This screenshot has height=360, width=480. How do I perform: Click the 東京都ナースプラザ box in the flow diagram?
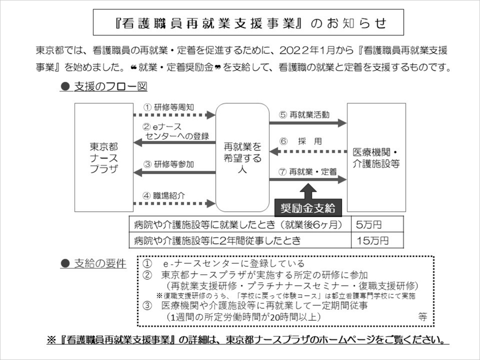point(104,157)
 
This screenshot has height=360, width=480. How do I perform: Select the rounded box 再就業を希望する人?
point(242,157)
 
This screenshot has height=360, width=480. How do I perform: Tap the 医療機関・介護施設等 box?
point(376,157)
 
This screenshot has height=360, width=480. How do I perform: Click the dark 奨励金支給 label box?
point(308,208)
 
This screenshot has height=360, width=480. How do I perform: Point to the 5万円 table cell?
point(377,224)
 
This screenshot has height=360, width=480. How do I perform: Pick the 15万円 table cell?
point(377,240)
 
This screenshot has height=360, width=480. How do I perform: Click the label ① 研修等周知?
point(169,107)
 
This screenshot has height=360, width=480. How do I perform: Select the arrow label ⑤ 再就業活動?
point(304,115)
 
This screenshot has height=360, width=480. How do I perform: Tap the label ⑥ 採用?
point(301,142)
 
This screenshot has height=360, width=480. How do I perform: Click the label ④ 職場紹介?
point(164,196)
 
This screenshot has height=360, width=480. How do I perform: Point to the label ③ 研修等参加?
point(169,164)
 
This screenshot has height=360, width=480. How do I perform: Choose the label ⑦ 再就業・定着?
point(308,172)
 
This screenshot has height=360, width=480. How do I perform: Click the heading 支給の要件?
point(93,264)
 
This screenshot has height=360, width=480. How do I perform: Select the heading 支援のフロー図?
point(104,86)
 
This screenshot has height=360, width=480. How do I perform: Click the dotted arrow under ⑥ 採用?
point(308,152)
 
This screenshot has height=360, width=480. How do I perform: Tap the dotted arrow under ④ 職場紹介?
point(174,204)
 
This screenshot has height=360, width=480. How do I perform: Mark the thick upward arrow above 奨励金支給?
point(308,191)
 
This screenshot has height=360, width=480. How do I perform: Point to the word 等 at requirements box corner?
point(422,317)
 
